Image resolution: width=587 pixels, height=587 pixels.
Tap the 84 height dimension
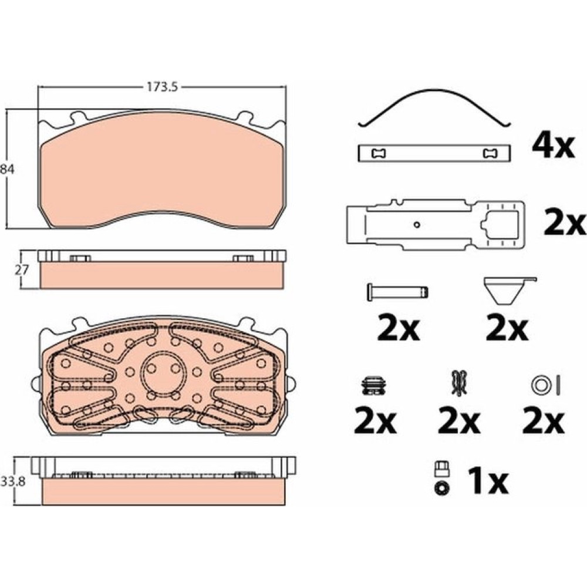point(6,169)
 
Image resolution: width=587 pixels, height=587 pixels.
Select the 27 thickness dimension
point(21,269)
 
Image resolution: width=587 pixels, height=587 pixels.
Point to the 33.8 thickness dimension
point(13,481)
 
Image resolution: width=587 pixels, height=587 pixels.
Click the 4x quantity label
point(553,147)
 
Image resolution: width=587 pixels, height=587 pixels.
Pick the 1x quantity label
point(488,482)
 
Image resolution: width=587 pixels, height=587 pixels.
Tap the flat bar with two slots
point(434,153)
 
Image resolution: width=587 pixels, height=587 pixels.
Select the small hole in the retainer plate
point(417,225)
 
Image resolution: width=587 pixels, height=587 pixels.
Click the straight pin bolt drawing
point(397,292)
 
